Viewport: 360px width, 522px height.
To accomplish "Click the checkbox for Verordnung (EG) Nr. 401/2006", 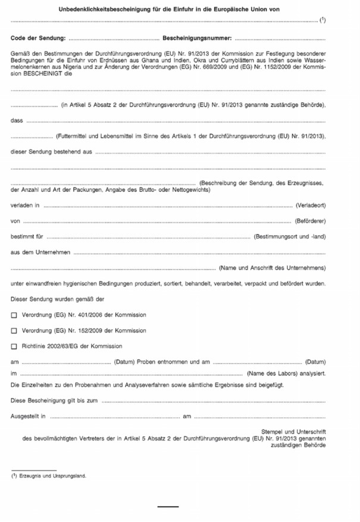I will click(14, 315).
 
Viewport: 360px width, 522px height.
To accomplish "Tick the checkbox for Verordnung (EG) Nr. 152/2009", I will click(14, 330).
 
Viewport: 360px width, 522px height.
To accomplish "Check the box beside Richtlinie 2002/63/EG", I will click(14, 346).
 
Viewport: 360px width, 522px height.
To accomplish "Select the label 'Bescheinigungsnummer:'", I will click(196, 38).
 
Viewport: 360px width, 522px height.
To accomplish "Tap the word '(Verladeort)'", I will click(311, 205).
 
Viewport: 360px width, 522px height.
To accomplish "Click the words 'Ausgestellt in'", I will click(28, 416).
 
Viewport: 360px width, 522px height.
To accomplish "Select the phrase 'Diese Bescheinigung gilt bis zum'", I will click(54, 401).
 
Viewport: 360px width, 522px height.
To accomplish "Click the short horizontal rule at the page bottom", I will click(168, 507).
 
